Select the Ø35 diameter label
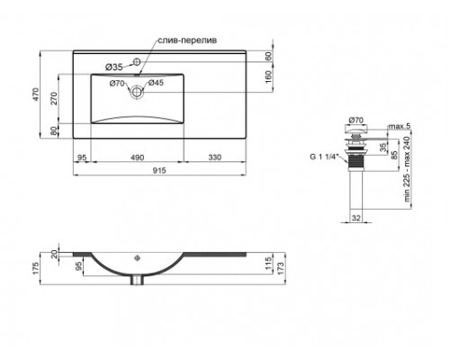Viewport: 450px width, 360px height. (114, 67)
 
